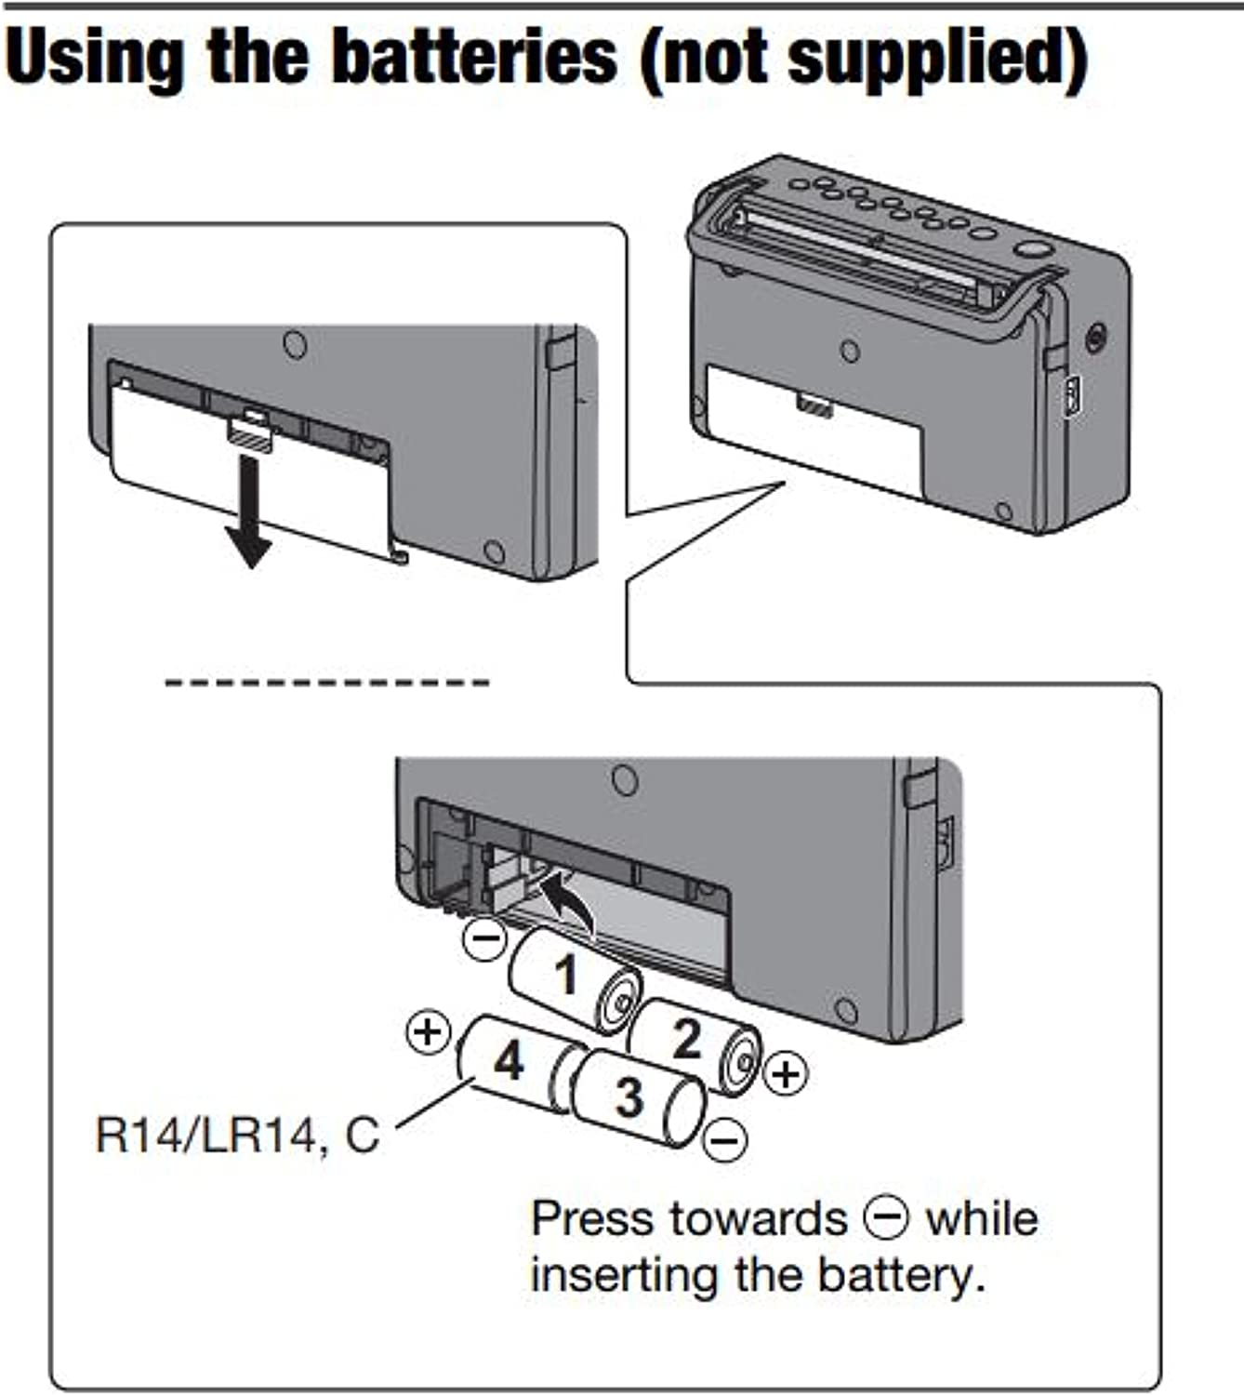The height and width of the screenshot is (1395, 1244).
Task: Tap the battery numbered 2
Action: point(693,1043)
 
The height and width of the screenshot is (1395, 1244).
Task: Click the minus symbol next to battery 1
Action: point(485,937)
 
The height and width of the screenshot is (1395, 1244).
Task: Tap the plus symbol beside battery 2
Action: point(786,1074)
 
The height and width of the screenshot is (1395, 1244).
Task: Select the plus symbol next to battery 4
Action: point(429,1031)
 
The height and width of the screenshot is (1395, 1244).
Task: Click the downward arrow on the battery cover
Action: point(248,511)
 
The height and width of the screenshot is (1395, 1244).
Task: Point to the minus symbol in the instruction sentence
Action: point(886,1218)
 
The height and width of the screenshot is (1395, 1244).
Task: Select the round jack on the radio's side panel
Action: point(1096,336)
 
